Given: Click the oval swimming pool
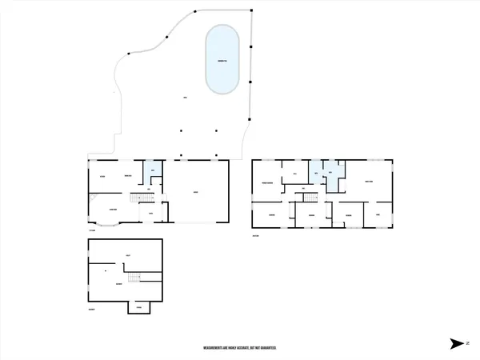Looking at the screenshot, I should point(223,61).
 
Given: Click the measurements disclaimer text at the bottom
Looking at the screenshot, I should point(240,349).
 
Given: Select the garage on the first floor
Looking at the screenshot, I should point(196,192).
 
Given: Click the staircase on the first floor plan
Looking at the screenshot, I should point(142,198).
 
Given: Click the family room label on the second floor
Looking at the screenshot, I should point(369,182).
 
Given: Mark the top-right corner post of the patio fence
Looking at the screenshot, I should point(252,10).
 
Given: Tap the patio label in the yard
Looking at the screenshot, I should point(185,98).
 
